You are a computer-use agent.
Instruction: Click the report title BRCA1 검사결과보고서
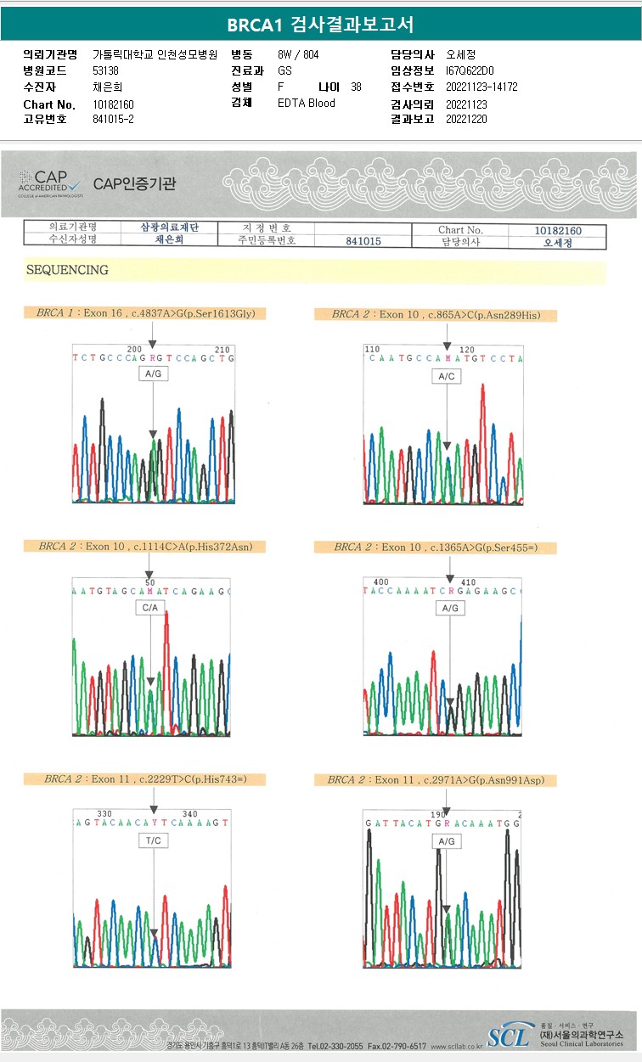tap(320, 25)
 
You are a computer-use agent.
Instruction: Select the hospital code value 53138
tap(106, 70)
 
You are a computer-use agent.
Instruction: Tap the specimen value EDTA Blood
tap(307, 104)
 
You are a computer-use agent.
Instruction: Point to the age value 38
tap(356, 87)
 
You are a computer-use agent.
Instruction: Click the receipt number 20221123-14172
tap(481, 87)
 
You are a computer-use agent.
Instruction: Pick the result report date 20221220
tap(466, 120)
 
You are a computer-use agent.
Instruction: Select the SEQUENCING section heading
tap(68, 270)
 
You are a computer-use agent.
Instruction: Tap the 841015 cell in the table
tap(363, 242)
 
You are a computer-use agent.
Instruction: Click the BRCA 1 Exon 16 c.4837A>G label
tap(145, 313)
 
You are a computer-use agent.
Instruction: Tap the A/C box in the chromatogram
tap(446, 376)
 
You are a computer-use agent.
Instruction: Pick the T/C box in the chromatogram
tap(153, 840)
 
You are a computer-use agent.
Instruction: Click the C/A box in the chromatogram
tap(150, 608)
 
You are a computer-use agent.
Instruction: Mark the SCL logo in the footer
tap(508, 1036)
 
